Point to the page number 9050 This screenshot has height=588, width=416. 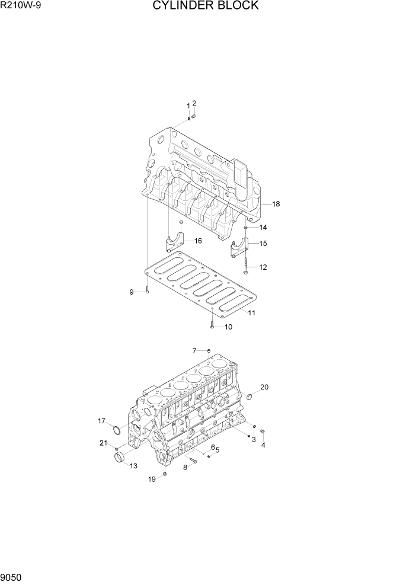point(12,577)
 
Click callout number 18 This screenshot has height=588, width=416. point(276,204)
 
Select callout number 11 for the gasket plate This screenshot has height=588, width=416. point(252,312)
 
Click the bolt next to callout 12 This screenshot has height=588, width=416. point(245,265)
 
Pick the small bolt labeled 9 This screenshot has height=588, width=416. point(146,291)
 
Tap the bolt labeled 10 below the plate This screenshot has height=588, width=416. point(211,324)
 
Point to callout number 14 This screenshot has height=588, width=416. point(263,228)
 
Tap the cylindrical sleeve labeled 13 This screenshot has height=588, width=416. point(120,458)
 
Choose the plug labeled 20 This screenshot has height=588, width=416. point(249,395)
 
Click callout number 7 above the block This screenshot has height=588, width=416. point(194,351)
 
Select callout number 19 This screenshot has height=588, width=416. point(152,480)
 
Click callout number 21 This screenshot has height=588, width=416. point(103,443)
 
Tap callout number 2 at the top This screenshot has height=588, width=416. point(194,103)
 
